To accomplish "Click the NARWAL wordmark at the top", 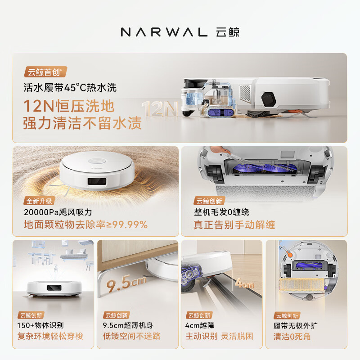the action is tap(164, 32).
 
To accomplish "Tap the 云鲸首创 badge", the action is tap(45, 72).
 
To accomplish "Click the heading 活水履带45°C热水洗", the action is tap(70, 87).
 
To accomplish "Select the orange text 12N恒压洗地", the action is tap(69, 106).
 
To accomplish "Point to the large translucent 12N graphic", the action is tap(160, 108).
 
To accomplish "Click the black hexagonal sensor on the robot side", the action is tap(268, 99).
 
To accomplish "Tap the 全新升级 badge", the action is tap(39, 201).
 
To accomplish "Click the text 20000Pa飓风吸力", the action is tap(58, 212).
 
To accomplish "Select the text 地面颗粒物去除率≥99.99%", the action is tap(85, 225).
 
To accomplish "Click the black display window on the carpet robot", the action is tap(97, 181).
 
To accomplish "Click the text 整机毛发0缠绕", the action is tap(221, 212).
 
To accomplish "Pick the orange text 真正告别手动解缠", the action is tap(234, 225).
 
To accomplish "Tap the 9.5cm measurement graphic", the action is tap(126, 283).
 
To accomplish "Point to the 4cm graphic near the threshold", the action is tap(245, 283).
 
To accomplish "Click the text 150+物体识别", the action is tap(40, 325).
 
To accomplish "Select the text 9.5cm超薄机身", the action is tap(128, 325).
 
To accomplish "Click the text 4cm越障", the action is tap(200, 325).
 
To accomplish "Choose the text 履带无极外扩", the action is tap(296, 325).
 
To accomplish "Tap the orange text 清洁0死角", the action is tap(292, 337).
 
